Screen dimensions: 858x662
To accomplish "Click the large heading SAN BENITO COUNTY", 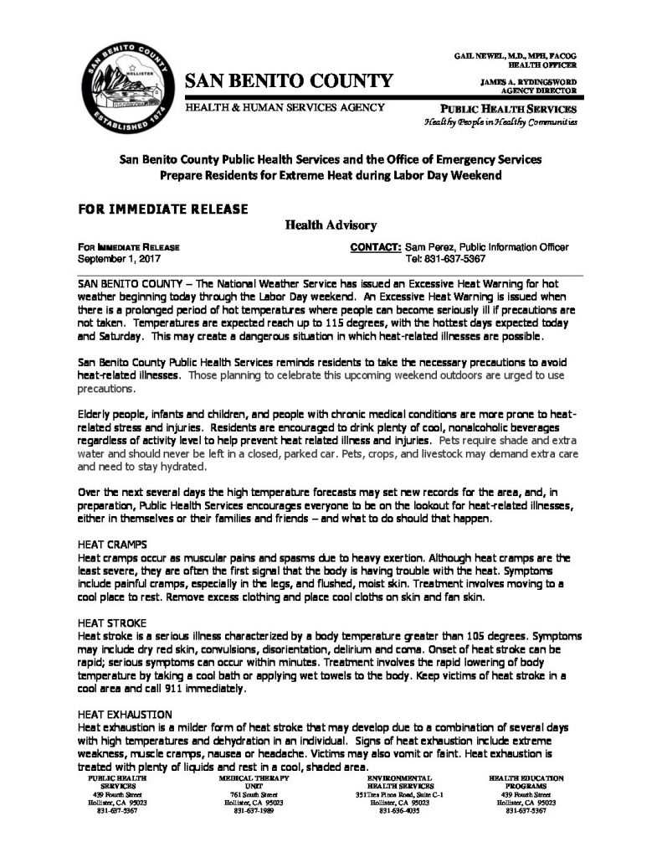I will click(288, 81).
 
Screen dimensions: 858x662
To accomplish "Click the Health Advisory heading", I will click(331, 225).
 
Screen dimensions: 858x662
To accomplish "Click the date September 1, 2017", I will click(111, 259).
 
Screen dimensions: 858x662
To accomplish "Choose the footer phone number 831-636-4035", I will click(396, 811).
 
